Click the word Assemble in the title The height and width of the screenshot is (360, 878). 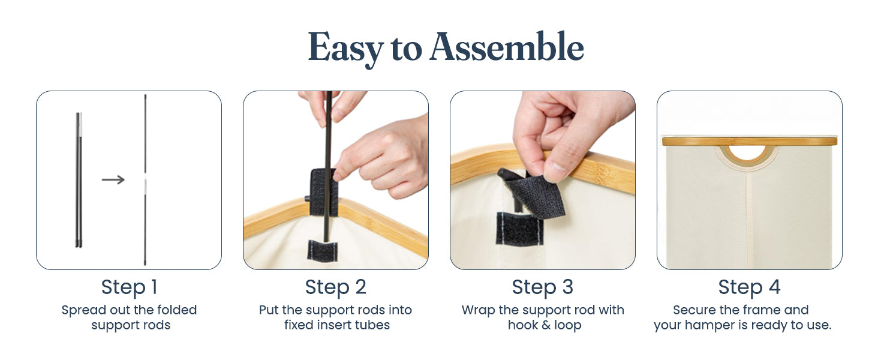[507, 47]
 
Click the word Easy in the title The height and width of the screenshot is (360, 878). [345, 49]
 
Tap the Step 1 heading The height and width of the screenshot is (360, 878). [130, 287]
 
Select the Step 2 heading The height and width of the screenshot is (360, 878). [335, 287]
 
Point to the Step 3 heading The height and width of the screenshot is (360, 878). [543, 287]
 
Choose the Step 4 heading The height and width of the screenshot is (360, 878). [749, 287]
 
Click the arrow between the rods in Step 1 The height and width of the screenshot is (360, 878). [113, 179]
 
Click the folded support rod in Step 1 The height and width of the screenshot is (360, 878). [79, 180]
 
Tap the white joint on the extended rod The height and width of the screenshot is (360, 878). [145, 184]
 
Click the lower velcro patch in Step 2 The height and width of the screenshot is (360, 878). [322, 251]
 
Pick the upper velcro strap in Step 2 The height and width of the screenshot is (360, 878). [324, 192]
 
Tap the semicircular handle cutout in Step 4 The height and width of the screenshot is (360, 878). [747, 155]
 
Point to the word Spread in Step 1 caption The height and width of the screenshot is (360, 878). [84, 310]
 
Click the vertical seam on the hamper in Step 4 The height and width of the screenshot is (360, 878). [748, 220]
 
